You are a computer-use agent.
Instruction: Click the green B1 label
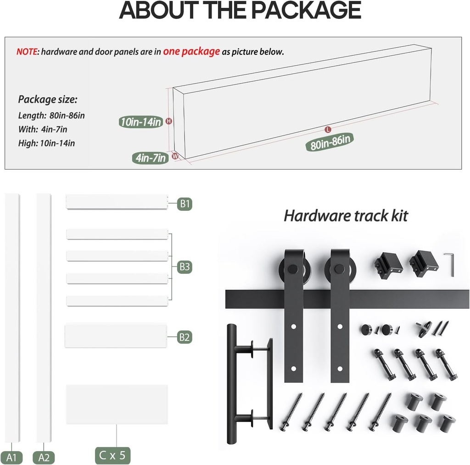point(185,204)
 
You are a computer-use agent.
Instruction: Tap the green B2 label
point(185,337)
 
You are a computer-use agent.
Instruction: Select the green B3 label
point(185,267)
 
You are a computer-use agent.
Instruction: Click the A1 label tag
point(11,458)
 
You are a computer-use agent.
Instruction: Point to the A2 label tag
point(44,458)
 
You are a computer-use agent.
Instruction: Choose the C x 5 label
point(112,455)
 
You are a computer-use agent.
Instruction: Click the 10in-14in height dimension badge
point(141,122)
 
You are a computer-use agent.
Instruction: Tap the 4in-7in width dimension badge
point(151,158)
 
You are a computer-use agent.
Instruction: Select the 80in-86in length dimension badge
point(330,142)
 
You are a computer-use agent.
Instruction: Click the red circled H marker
point(169,121)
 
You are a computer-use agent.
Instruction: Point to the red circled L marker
point(328,130)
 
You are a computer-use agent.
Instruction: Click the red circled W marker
point(175,156)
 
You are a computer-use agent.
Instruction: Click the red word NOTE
point(27,51)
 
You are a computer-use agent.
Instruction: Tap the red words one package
point(191,51)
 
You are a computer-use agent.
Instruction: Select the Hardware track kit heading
point(346,215)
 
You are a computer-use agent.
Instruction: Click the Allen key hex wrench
point(450,264)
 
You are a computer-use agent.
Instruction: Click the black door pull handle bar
point(231,384)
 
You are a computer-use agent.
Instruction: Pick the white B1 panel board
point(116,202)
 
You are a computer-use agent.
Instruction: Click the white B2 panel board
point(115,335)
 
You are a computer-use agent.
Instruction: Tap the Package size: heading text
point(48,99)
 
